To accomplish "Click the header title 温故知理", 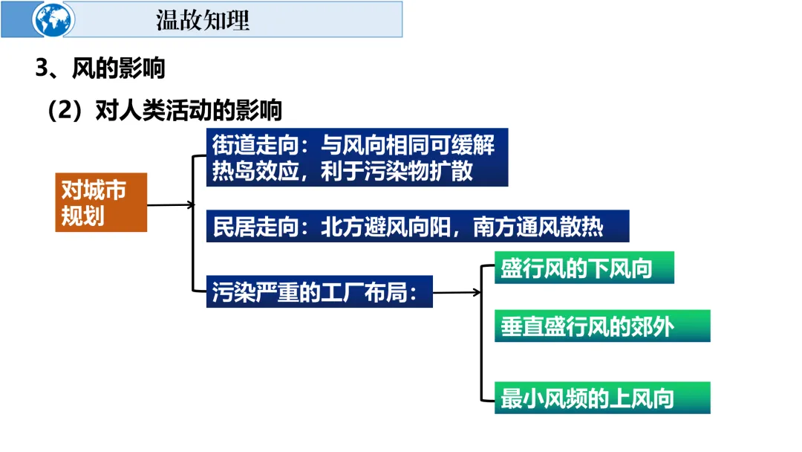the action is click(x=203, y=20).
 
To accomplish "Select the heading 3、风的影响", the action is click(x=100, y=69).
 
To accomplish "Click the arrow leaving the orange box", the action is click(x=170, y=204).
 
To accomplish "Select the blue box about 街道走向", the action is click(x=357, y=158).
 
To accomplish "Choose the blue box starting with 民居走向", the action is click(x=417, y=227).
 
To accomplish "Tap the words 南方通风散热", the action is click(x=538, y=227).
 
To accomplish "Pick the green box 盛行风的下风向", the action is click(x=584, y=268).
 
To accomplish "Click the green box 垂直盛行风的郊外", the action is click(x=601, y=326).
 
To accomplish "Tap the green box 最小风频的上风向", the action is click(x=601, y=398).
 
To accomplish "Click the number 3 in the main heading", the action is click(x=42, y=69).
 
